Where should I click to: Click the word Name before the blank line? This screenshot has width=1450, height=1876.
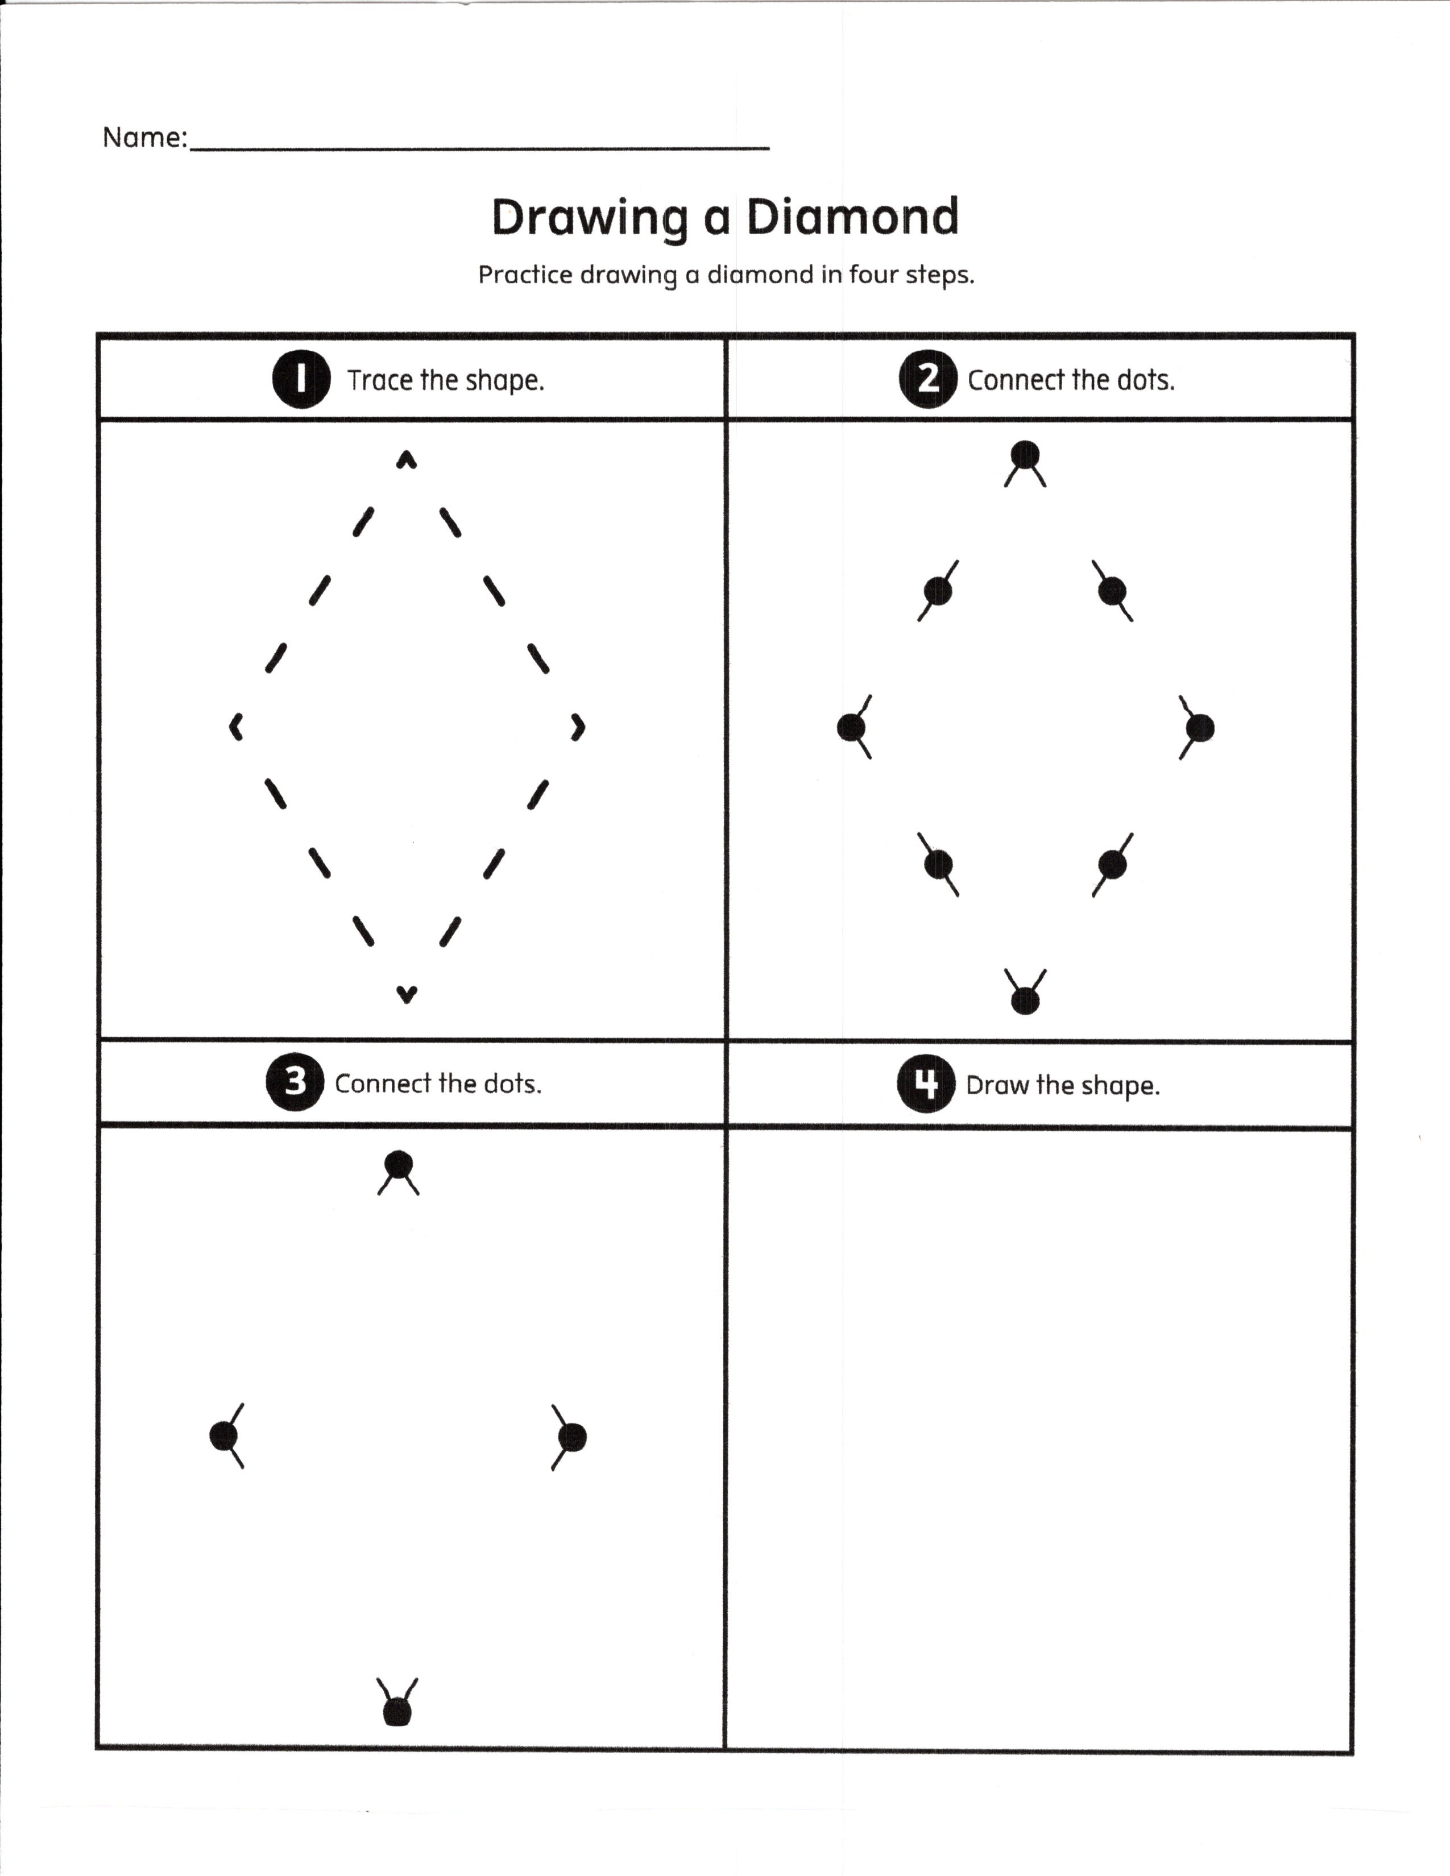(x=142, y=138)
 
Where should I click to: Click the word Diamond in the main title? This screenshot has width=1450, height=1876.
(x=852, y=217)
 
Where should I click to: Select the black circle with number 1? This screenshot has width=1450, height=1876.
(x=301, y=379)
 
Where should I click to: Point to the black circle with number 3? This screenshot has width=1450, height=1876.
(x=295, y=1082)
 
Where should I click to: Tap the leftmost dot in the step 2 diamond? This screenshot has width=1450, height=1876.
(x=851, y=728)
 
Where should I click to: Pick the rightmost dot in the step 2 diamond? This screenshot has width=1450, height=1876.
(x=1200, y=728)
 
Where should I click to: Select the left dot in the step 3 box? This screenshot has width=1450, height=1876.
(x=224, y=1435)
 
